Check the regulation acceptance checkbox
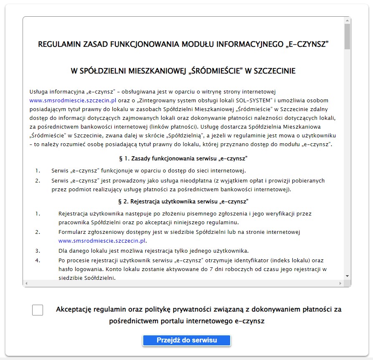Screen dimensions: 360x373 (x=38, y=310)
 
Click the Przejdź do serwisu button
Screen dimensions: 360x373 (x=187, y=340)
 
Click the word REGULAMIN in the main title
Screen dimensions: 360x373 (x=58, y=44)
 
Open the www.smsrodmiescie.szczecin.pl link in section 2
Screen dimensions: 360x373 (x=102, y=241)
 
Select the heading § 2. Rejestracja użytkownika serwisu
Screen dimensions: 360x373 (x=184, y=202)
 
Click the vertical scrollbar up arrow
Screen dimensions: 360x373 (x=347, y=20)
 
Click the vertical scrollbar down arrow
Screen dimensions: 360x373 (x=347, y=276)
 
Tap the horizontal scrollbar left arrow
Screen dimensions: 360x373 (x=26, y=284)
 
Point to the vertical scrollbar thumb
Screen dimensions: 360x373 (x=347, y=37)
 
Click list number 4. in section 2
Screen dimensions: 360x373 (x=38, y=261)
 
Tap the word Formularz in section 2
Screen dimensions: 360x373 (x=72, y=232)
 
